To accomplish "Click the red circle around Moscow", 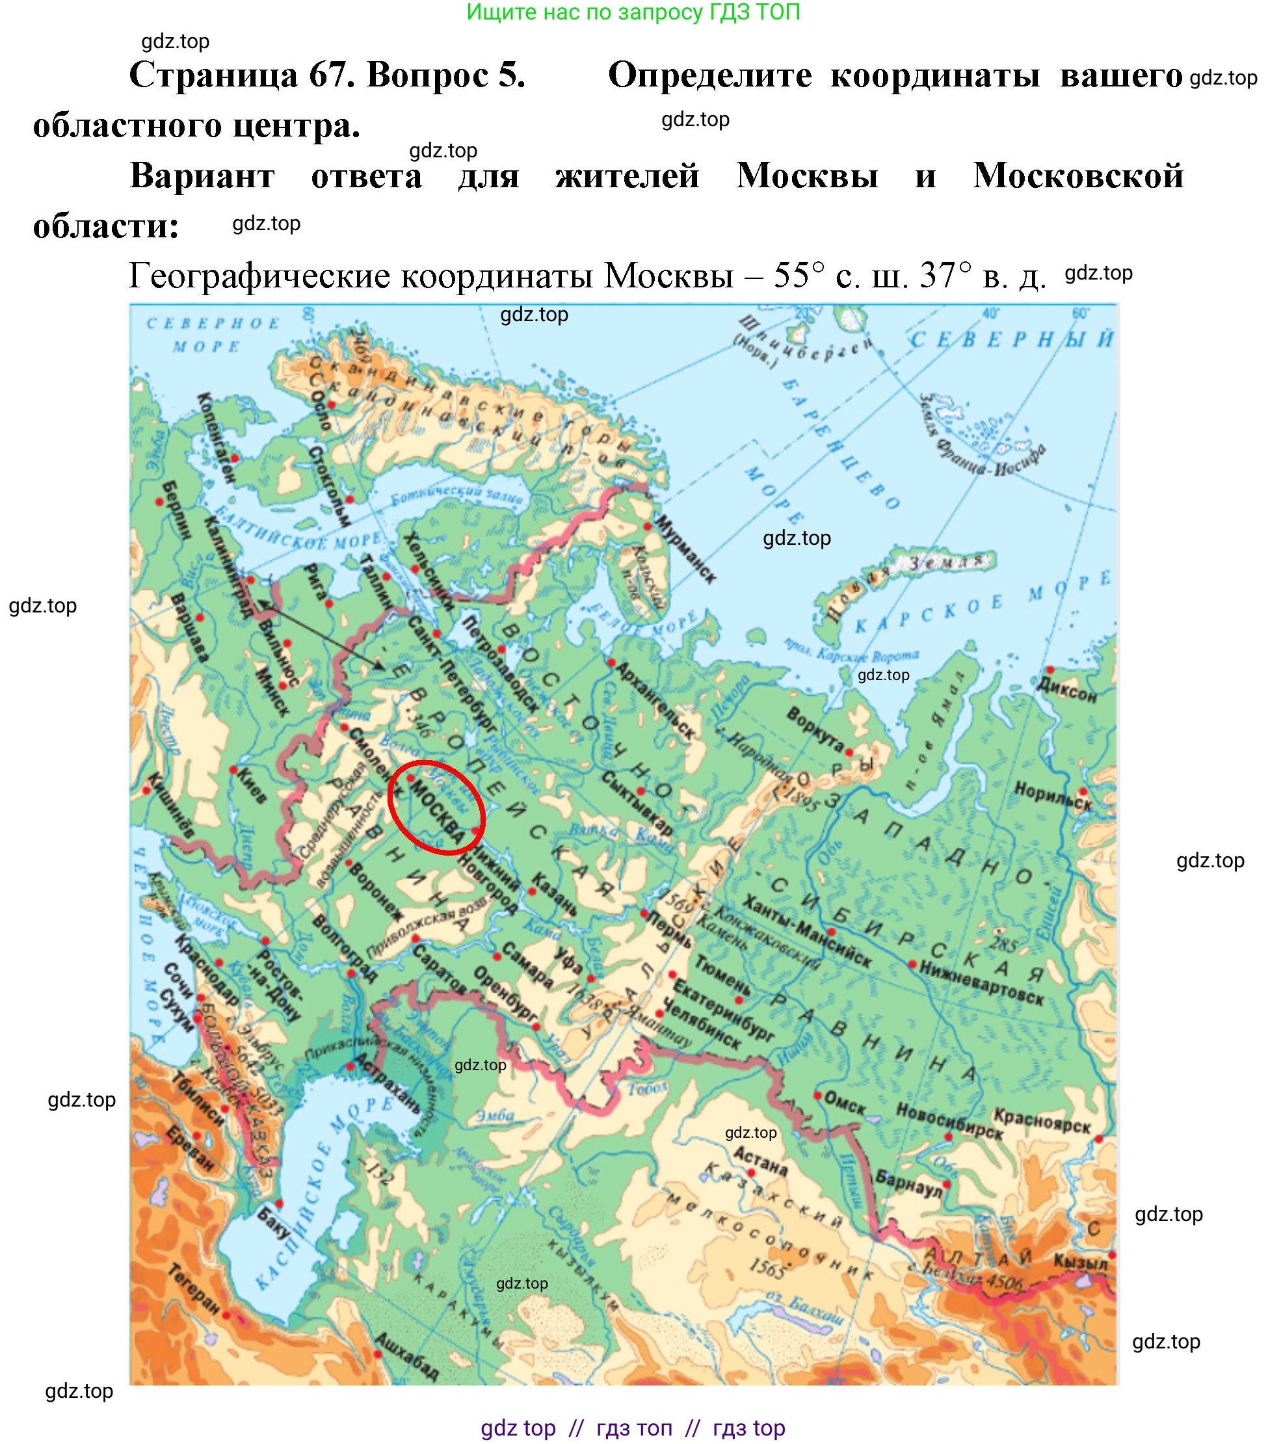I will coord(436,806).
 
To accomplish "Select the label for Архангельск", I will coord(655,700).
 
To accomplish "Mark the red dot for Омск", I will coord(817,1096).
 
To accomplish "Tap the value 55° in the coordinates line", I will coord(799,275).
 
